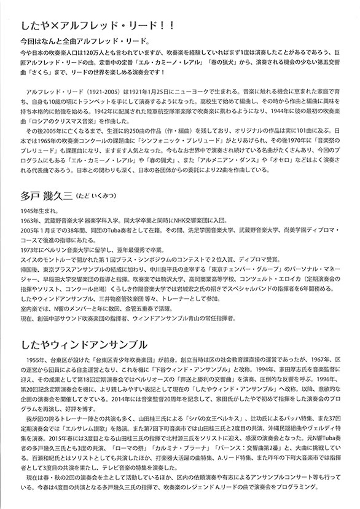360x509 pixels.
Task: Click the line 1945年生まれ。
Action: coord(33,211)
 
